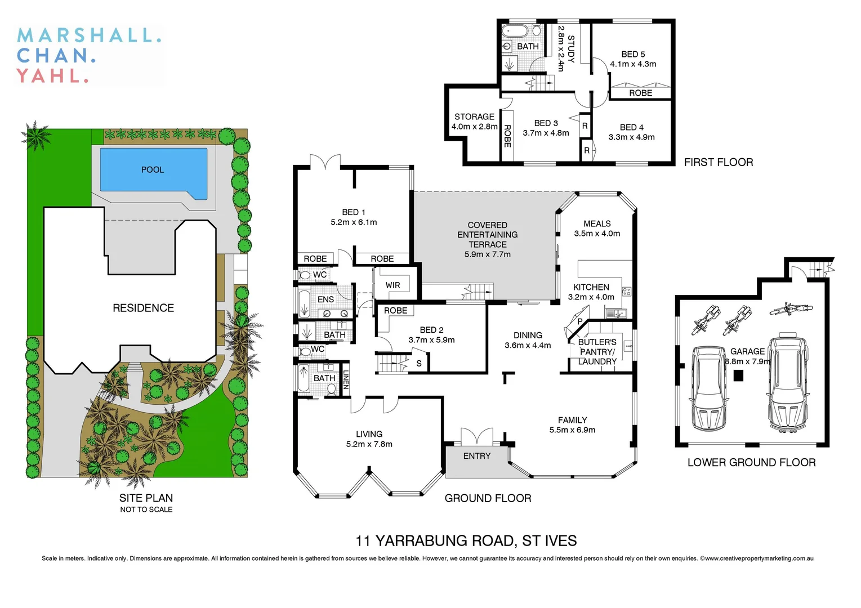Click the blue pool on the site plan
(x=153, y=169)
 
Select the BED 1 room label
(x=354, y=212)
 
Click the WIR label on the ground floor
(x=392, y=285)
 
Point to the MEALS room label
(x=597, y=223)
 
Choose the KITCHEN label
(x=591, y=287)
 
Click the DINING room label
(x=528, y=336)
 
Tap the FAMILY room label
(x=572, y=420)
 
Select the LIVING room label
(x=369, y=434)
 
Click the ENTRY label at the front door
(x=477, y=456)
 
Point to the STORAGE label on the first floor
(x=474, y=117)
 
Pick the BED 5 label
(x=633, y=54)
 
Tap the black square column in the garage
(x=738, y=375)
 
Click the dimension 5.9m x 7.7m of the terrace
(x=488, y=254)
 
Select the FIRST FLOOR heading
(x=718, y=163)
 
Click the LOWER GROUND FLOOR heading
(x=751, y=463)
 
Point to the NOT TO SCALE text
(x=146, y=509)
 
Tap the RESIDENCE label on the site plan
(x=143, y=308)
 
